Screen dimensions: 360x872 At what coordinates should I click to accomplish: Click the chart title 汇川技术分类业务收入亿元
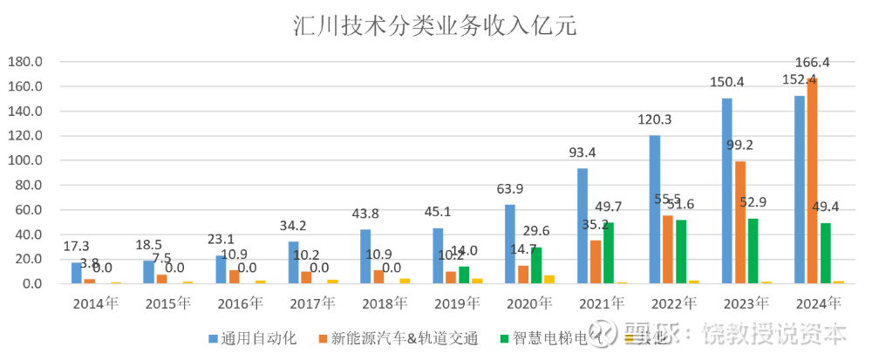pos(435,25)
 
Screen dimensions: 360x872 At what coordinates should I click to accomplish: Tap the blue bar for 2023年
pos(727,191)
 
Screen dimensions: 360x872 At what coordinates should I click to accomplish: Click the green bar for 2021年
pos(609,253)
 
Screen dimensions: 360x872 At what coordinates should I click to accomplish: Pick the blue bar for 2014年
pos(77,273)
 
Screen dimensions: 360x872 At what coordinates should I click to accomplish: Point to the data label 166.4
pos(812,63)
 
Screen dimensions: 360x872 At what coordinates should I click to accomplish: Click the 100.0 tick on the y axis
pos(25,160)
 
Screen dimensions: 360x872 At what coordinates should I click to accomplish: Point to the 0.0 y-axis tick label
pos(31,283)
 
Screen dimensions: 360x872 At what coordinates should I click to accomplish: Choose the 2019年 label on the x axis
pos(456,304)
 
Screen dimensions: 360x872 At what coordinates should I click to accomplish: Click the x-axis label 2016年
pos(240,304)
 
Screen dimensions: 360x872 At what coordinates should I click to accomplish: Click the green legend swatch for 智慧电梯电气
pos(503,337)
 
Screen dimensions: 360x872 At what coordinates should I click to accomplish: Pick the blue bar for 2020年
pos(510,244)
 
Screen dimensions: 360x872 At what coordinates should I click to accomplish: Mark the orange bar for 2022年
pos(668,249)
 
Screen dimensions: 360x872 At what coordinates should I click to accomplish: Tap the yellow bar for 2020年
pos(548,279)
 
